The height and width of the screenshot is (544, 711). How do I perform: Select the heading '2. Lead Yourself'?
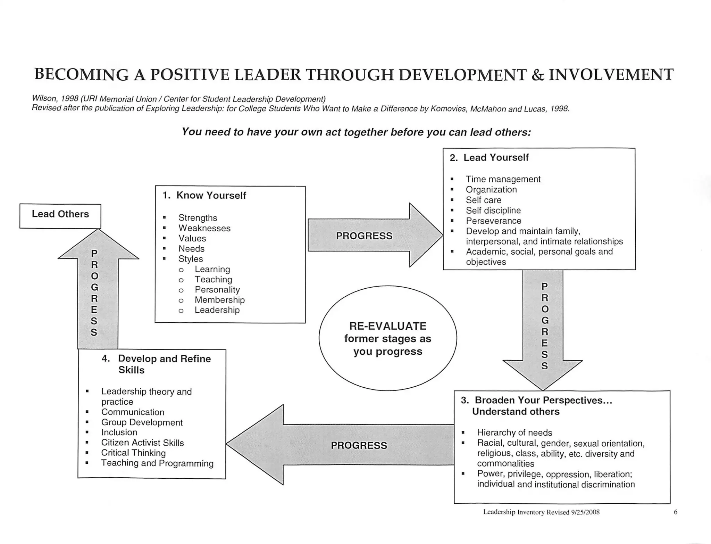point(489,158)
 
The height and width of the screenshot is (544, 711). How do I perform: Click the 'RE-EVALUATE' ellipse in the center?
point(387,338)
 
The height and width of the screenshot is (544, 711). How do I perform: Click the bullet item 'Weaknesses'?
point(204,228)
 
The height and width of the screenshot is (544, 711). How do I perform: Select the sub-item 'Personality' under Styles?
point(217,290)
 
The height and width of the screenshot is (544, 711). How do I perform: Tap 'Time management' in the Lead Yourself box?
point(503,179)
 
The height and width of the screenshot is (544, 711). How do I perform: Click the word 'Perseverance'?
point(493,221)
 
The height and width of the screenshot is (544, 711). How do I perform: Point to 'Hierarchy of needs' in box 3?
point(514,433)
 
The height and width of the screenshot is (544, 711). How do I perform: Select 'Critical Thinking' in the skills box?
point(133,453)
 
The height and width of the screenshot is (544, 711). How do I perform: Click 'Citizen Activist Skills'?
point(142,443)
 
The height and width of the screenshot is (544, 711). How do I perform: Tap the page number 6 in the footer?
point(675,512)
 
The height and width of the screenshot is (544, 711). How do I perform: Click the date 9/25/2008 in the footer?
point(585,512)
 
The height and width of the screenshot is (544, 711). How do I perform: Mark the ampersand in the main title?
point(537,75)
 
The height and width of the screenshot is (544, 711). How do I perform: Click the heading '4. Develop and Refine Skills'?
point(156,364)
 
